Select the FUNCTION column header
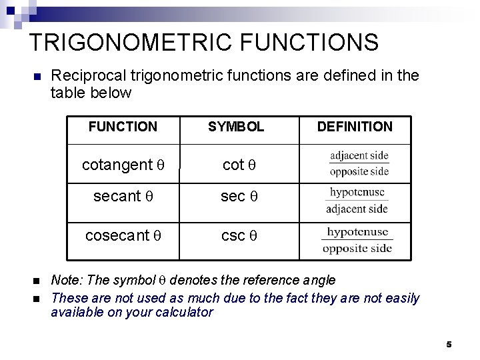(x=123, y=127)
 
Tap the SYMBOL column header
(x=236, y=127)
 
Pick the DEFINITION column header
(x=355, y=127)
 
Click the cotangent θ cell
(x=123, y=164)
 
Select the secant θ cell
(x=123, y=197)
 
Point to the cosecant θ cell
(x=123, y=235)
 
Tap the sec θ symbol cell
(x=239, y=197)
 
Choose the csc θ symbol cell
(x=239, y=235)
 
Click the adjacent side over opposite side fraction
(x=359, y=163)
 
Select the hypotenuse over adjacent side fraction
(x=357, y=200)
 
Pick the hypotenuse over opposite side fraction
(x=357, y=241)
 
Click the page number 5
(x=449, y=344)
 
